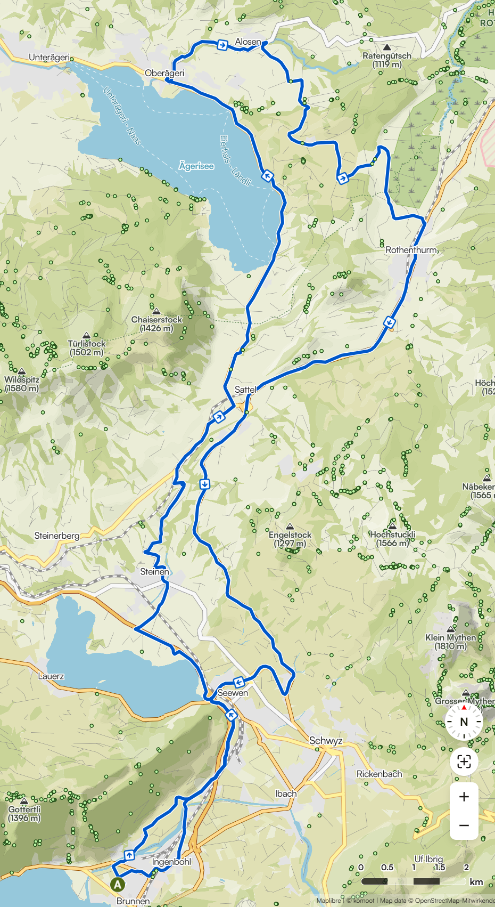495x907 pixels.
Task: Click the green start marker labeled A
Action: (x=118, y=885)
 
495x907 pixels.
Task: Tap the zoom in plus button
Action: (x=464, y=797)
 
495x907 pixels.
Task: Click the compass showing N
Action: (x=464, y=722)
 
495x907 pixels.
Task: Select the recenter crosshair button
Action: (x=464, y=762)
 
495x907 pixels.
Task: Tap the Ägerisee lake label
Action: (x=196, y=166)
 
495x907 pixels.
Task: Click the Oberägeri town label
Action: (x=164, y=73)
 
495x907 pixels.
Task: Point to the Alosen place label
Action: (x=248, y=42)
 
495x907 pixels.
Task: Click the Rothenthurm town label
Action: (x=411, y=249)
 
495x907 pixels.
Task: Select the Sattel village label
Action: (x=245, y=390)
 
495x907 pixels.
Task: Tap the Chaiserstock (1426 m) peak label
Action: (x=156, y=323)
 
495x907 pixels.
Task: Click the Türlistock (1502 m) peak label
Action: (x=87, y=347)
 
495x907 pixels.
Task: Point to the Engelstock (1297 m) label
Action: (x=290, y=539)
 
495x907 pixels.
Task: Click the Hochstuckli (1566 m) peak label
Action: (x=393, y=538)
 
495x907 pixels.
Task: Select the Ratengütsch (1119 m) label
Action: (x=387, y=59)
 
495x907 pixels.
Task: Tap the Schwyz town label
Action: (x=326, y=741)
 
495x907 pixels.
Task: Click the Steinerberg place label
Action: (x=57, y=536)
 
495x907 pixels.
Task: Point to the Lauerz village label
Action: (x=51, y=676)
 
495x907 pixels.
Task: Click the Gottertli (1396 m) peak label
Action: (x=24, y=813)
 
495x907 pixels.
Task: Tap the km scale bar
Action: (x=414, y=881)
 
